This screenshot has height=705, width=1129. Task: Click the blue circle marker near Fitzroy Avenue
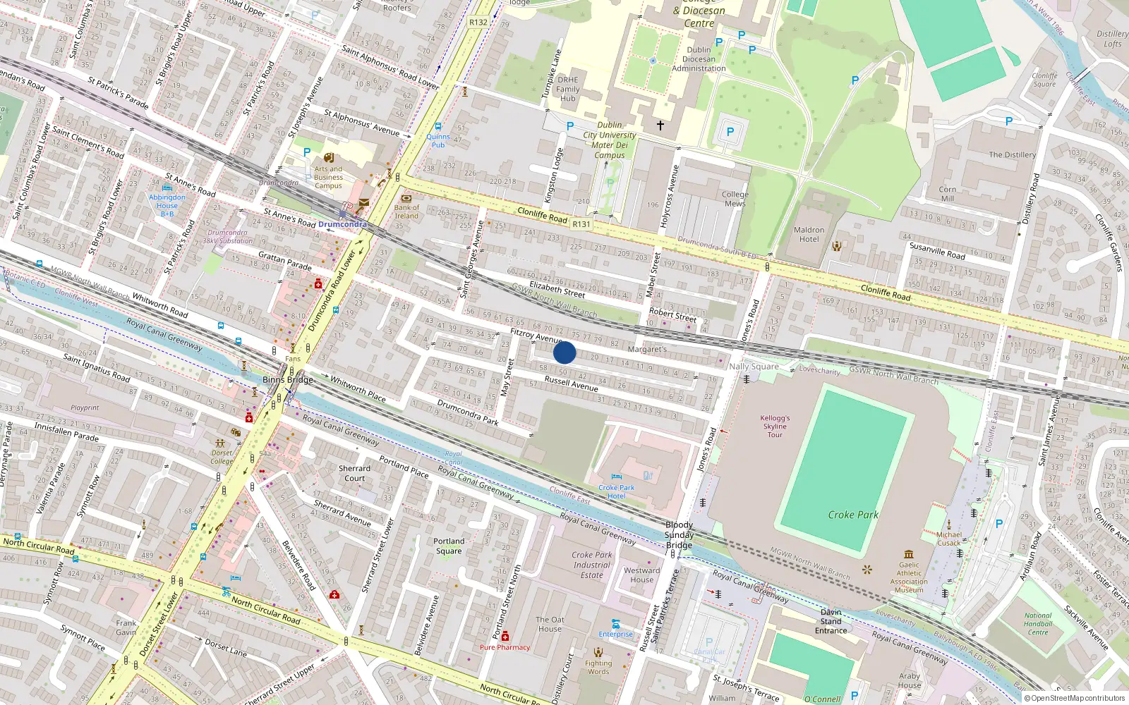tap(564, 352)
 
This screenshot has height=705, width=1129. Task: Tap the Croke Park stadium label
tap(852, 515)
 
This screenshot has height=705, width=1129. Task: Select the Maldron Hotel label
tap(809, 235)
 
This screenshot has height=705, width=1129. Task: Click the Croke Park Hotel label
tap(616, 491)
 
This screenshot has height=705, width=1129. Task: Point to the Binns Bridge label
tap(287, 379)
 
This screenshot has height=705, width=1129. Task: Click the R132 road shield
tap(478, 22)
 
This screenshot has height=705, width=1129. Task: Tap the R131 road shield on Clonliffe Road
tap(581, 223)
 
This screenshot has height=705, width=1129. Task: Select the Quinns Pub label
tap(438, 141)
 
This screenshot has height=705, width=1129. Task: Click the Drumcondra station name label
tap(342, 224)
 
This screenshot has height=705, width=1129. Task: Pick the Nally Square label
tap(754, 366)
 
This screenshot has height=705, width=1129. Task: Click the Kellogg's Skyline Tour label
tap(775, 427)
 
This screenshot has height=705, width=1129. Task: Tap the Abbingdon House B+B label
tap(167, 205)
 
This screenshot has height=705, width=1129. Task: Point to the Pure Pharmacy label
tap(505, 647)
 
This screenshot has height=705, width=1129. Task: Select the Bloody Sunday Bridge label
tap(679, 535)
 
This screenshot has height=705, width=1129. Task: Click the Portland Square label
tap(449, 546)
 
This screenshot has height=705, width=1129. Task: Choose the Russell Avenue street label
tap(571, 384)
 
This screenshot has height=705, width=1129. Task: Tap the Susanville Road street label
tap(936, 250)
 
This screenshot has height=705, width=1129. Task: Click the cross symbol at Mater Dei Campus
tap(660, 125)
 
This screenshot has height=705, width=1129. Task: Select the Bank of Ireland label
tap(406, 211)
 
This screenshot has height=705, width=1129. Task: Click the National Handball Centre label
tap(1038, 624)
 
